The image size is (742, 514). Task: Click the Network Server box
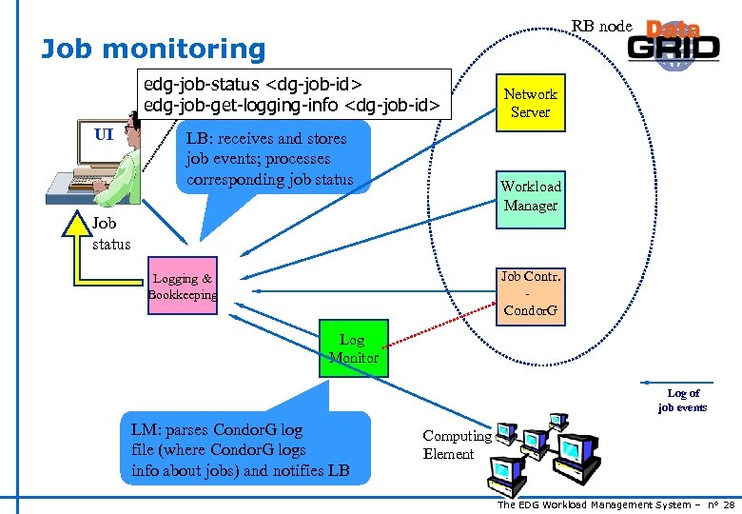click(x=530, y=103)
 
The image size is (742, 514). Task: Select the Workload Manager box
click(x=530, y=196)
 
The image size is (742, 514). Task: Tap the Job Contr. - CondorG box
click(x=530, y=294)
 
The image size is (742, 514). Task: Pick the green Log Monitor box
click(x=352, y=349)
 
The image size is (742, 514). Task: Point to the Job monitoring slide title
click(x=153, y=49)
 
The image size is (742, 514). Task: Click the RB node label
click(x=601, y=27)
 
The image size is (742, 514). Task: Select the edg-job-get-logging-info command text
click(x=291, y=105)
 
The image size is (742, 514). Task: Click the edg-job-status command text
click(x=253, y=84)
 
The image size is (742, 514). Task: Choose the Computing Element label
click(x=456, y=445)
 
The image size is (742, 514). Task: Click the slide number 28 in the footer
click(x=729, y=504)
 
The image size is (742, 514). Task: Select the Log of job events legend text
click(x=682, y=400)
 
